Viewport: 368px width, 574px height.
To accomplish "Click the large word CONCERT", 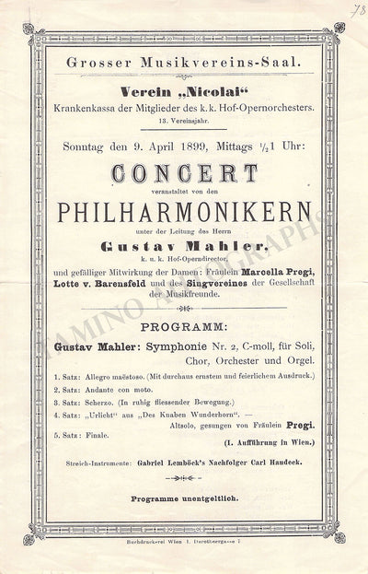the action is pyautogui.click(x=185, y=172).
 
